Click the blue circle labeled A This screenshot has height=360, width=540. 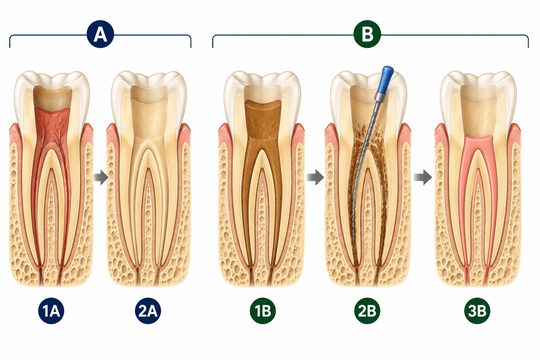click(100, 34)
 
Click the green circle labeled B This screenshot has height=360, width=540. click(367, 34)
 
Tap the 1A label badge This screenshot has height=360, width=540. click(51, 311)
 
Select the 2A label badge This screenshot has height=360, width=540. click(148, 311)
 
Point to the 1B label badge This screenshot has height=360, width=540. click(263, 311)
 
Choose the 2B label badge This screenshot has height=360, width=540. click(367, 311)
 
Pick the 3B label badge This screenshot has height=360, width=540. click(477, 311)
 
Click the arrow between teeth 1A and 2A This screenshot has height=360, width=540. click(101, 178)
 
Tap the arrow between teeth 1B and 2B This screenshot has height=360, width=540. click(315, 178)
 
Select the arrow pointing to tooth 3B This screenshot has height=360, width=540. click(423, 178)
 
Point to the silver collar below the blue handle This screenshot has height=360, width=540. click(380, 96)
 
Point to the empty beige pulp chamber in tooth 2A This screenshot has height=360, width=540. click(148, 121)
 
